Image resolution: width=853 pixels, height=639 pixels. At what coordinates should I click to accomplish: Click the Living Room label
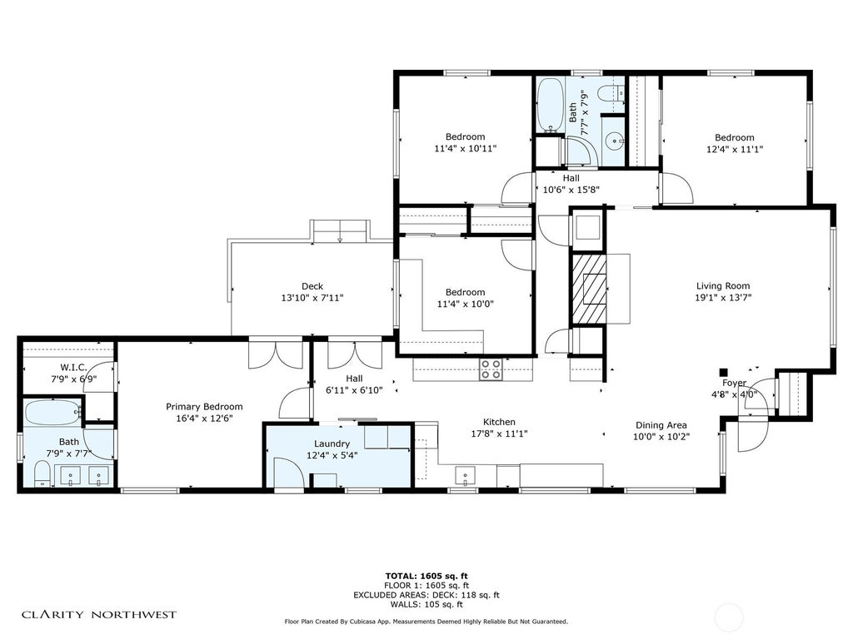(723, 286)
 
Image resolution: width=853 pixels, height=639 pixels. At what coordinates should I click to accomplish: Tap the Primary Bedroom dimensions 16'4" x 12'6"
(204, 419)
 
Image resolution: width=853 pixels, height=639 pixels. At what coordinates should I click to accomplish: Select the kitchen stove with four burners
(491, 369)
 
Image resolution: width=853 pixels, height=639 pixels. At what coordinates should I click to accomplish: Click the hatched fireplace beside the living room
(588, 289)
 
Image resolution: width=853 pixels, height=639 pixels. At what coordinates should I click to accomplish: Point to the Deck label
(312, 286)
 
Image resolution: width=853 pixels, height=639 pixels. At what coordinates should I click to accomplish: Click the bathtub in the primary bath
(52, 413)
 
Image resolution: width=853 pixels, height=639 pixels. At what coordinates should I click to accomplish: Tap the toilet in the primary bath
(42, 473)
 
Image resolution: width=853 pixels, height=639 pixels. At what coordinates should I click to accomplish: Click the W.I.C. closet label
(74, 367)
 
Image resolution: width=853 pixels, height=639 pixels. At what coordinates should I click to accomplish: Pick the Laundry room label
(332, 444)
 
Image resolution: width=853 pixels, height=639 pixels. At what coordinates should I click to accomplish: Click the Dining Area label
(661, 425)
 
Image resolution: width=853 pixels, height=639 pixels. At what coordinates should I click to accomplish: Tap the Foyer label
(735, 383)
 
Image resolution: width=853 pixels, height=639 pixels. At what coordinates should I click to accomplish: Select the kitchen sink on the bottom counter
(465, 475)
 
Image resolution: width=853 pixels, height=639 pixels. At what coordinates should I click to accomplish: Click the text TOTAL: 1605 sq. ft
(426, 576)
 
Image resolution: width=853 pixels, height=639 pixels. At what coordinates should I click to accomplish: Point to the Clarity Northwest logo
(99, 615)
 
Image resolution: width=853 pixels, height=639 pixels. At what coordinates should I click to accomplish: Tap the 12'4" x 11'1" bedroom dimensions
(735, 150)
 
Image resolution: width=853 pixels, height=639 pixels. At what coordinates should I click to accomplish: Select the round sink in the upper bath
(615, 141)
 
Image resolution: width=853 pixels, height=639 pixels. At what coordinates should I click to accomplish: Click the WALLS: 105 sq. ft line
(426, 604)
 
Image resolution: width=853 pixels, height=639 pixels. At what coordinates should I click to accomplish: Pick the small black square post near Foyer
(723, 372)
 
